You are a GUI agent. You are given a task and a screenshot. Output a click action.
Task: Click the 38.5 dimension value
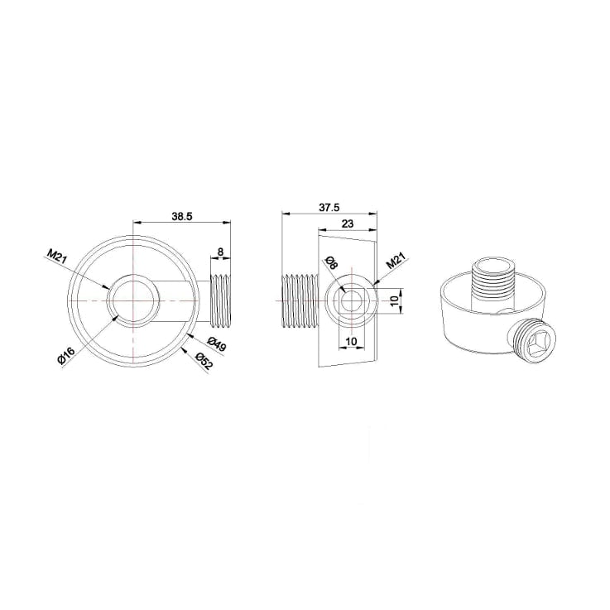pyautogui.click(x=182, y=216)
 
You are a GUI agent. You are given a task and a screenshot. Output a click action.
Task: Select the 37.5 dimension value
pyautogui.click(x=329, y=208)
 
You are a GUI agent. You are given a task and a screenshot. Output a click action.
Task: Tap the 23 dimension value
pyautogui.click(x=348, y=223)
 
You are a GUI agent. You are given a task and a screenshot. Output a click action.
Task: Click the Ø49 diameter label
pyautogui.click(x=216, y=344)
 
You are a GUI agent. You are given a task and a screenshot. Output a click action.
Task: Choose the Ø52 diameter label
pyautogui.click(x=204, y=362)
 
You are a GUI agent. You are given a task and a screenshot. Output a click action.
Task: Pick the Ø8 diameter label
pyautogui.click(x=331, y=263)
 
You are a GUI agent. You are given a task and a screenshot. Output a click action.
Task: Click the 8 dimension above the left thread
pyautogui.click(x=221, y=252)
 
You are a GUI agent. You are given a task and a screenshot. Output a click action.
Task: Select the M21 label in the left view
pyautogui.click(x=56, y=257)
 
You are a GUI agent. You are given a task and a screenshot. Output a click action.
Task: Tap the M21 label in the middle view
pyautogui.click(x=396, y=261)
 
